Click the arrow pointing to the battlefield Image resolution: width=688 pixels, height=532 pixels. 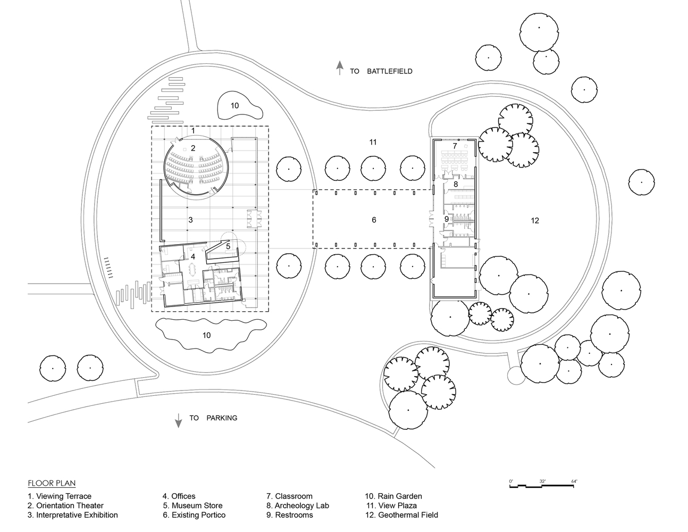(x=338, y=69)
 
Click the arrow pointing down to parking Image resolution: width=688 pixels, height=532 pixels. (x=178, y=419)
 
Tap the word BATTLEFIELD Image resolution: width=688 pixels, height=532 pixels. (x=389, y=71)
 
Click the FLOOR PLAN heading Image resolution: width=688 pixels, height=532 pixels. (x=52, y=484)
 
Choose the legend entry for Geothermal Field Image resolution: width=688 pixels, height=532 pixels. (x=401, y=515)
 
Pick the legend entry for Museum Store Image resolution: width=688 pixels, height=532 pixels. (x=192, y=506)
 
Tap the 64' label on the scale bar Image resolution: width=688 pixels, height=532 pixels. (x=574, y=481)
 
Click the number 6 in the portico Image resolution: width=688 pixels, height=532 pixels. (x=374, y=220)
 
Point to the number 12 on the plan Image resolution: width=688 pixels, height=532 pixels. (x=535, y=220)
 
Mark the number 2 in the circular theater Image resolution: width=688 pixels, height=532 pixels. (x=194, y=148)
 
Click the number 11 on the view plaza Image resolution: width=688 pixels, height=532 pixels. (x=373, y=142)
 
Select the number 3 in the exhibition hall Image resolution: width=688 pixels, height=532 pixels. (x=190, y=219)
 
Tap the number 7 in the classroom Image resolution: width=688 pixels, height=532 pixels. (x=455, y=145)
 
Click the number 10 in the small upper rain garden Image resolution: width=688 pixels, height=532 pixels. (x=234, y=105)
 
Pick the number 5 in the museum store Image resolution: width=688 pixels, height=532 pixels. (x=228, y=246)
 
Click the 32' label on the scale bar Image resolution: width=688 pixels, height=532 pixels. (x=542, y=481)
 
